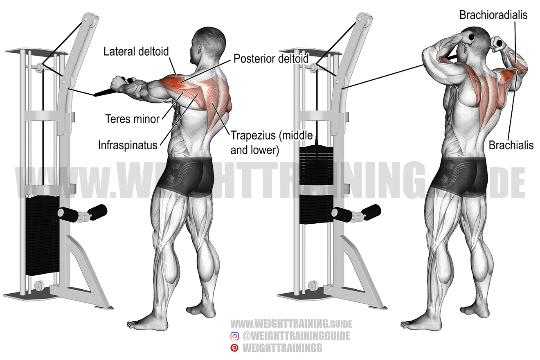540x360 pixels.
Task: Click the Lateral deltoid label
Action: coord(136,51)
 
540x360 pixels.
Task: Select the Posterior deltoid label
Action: coord(271,59)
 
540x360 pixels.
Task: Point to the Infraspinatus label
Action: coord(128,145)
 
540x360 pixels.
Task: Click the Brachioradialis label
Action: coord(493,15)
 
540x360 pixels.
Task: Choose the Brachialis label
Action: coord(511,145)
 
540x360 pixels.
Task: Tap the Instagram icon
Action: coord(234,336)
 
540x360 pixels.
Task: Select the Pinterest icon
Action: coord(234,348)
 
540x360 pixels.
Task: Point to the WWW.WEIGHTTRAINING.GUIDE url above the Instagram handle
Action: coord(291,324)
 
